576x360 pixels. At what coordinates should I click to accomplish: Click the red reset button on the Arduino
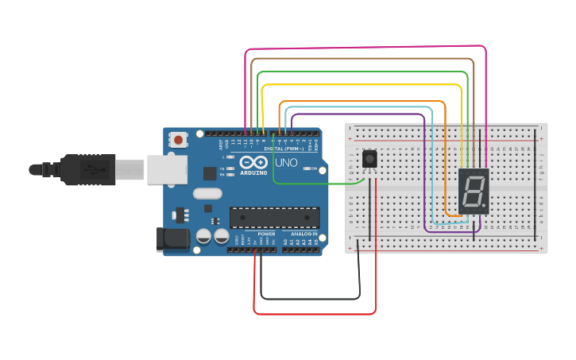pyautogui.click(x=178, y=140)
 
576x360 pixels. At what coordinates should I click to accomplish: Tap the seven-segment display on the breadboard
pyautogui.click(x=474, y=191)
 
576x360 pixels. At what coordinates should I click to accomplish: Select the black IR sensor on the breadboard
pyautogui.click(x=369, y=159)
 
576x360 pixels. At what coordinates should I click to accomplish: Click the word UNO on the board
pyautogui.click(x=286, y=163)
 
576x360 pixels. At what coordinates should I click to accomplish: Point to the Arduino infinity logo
pyautogui.click(x=253, y=163)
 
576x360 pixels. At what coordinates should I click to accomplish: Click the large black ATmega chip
pyautogui.click(x=274, y=217)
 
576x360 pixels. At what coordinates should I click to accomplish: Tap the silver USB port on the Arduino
pyautogui.click(x=167, y=168)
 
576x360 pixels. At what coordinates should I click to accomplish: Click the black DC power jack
pyautogui.click(x=174, y=240)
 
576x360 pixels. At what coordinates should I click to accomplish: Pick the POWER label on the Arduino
pyautogui.click(x=266, y=234)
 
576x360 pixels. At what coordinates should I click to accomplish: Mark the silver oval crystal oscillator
pyautogui.click(x=207, y=193)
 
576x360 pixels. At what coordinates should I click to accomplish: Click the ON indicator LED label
pyautogui.click(x=315, y=168)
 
